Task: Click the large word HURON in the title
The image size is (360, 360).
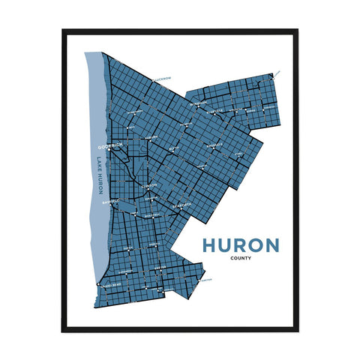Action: click(241, 245)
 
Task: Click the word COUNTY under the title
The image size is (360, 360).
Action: click(241, 259)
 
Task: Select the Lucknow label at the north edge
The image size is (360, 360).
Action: click(160, 78)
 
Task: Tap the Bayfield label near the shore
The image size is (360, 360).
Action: click(109, 200)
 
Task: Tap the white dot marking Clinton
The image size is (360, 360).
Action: click(149, 190)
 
